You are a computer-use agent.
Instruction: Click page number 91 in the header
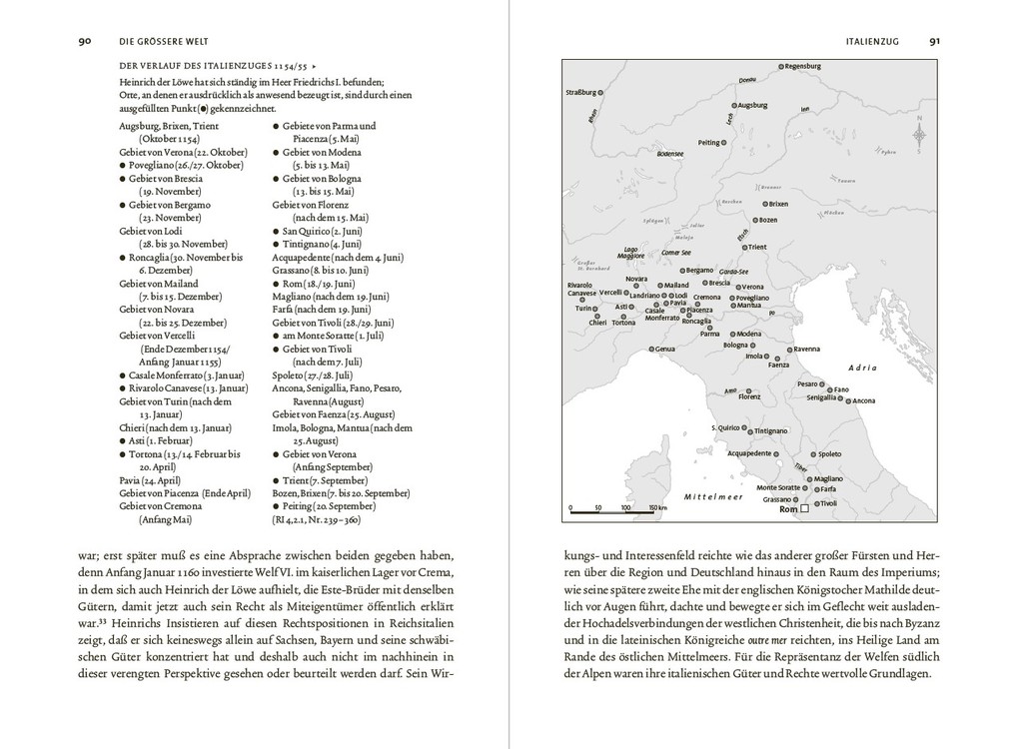pyautogui.click(x=934, y=42)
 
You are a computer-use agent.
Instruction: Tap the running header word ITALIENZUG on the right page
pyautogui.click(x=872, y=42)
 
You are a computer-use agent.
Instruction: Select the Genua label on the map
pyautogui.click(x=665, y=350)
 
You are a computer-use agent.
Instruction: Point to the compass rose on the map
pyautogui.click(x=919, y=133)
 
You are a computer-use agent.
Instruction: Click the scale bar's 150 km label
pyautogui.click(x=655, y=508)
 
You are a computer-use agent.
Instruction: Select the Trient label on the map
pyautogui.click(x=756, y=247)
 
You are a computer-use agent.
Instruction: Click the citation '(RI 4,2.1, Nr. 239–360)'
pyautogui.click(x=319, y=519)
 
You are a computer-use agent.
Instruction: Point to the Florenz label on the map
pyautogui.click(x=749, y=396)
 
